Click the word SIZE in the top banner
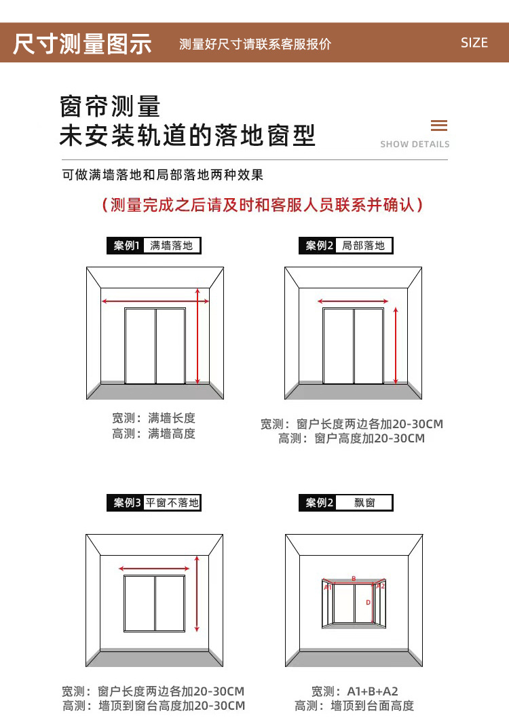(x=474, y=43)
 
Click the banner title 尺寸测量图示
(x=82, y=43)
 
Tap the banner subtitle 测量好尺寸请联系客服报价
(x=255, y=44)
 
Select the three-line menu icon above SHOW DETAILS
(x=439, y=126)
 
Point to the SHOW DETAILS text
(x=415, y=144)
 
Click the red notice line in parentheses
(x=261, y=205)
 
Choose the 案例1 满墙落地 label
(x=154, y=246)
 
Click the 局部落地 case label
(x=346, y=246)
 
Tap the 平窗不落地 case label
(x=154, y=503)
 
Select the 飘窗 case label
(x=346, y=503)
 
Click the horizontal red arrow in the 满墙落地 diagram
(x=155, y=301)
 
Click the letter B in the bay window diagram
(x=354, y=579)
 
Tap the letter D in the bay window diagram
(x=368, y=603)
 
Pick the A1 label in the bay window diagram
(x=327, y=586)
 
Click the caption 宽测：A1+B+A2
(x=354, y=691)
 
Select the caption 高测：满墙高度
(x=154, y=434)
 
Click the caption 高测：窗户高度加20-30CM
(x=352, y=438)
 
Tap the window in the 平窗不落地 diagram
(x=155, y=603)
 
